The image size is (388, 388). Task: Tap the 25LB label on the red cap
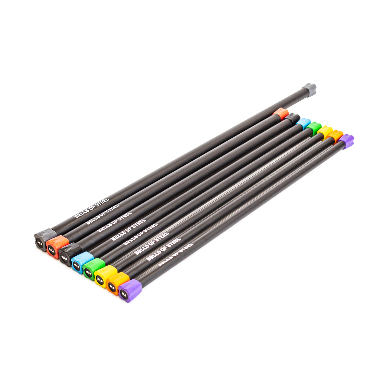52,251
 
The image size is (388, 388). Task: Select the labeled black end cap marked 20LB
65,258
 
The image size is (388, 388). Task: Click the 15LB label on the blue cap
77,265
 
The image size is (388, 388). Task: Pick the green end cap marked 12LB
88,273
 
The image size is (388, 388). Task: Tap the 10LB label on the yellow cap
100,280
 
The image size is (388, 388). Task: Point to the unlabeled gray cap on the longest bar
309,89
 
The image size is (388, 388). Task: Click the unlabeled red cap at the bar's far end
281,113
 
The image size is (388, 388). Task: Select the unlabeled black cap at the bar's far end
292,119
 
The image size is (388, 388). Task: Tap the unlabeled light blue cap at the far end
303,123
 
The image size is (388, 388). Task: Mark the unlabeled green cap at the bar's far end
314,128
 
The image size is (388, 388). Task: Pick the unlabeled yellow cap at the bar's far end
325,132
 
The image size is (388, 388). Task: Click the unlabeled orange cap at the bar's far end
336,136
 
